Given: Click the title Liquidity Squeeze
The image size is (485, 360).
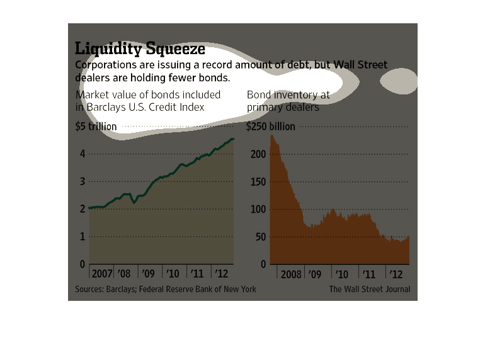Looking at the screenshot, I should point(140,49).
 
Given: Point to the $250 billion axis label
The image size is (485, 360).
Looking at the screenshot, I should point(270,127).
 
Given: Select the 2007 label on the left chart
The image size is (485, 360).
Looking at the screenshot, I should point(102,274).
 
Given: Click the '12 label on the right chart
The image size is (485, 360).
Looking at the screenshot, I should point(396,274).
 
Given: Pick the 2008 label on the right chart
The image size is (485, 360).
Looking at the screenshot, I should point(290,274).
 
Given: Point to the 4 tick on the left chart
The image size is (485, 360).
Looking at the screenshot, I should point(82,154).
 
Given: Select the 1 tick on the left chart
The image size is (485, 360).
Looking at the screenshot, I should point(82,237).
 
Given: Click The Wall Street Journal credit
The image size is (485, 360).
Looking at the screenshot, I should point(369,289).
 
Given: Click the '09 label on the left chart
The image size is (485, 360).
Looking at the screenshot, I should point(148,274).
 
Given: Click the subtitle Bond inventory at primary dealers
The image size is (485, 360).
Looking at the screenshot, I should point(288,101).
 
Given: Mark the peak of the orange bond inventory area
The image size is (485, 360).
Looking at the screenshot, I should point(272,135).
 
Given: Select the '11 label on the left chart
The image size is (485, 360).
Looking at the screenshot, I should point(197,274).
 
